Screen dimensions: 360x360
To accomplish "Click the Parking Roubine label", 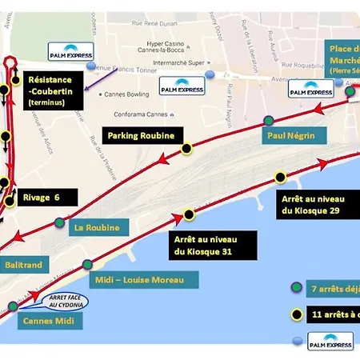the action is (141, 136).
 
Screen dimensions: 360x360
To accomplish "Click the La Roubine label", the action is (97, 228).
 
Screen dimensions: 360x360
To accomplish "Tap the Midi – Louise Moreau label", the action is (139, 279).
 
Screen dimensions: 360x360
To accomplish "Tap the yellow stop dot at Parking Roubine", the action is (186, 148).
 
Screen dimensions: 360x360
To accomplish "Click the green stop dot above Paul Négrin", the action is (268, 122).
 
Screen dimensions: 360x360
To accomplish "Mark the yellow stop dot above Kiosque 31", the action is (189, 214).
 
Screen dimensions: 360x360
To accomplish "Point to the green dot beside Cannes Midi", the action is (14, 306).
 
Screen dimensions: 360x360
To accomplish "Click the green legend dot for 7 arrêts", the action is (297, 286).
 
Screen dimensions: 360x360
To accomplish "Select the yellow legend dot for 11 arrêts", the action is (297, 313).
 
